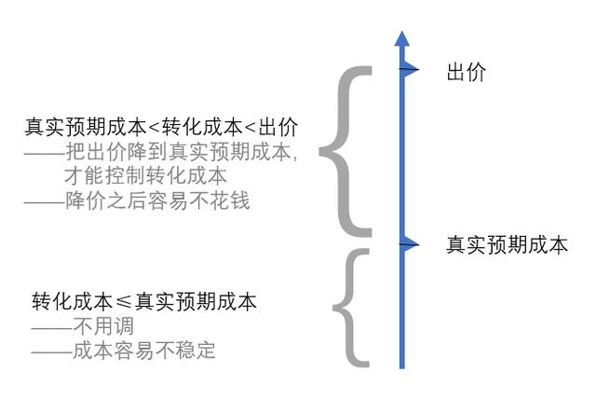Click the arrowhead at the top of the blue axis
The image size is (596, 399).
pos(401,38)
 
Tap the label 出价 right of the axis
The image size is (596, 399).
pos(466,73)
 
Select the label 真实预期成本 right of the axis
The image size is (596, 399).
pos(507,244)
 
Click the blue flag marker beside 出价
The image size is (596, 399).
pos(409,70)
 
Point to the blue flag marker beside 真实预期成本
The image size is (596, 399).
pos(409,244)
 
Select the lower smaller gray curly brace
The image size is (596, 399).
pos(347,308)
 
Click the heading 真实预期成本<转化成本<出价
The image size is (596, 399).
pos(161,127)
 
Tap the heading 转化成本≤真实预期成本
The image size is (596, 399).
pos(144,302)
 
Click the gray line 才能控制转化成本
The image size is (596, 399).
pos(145,176)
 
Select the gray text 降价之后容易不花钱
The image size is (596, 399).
pos(157,200)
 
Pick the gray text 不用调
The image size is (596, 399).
pos(103,326)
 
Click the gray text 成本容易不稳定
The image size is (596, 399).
pos(143,351)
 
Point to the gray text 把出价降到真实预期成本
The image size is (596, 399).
pos(178,151)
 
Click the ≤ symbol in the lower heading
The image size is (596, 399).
pos(123,302)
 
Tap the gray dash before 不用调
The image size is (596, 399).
pos(52,326)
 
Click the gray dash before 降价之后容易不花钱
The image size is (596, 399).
pos(45,201)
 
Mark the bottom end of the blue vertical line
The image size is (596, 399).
pos(401,368)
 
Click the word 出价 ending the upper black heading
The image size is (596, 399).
pos(278,127)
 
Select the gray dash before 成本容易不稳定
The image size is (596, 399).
pos(52,351)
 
